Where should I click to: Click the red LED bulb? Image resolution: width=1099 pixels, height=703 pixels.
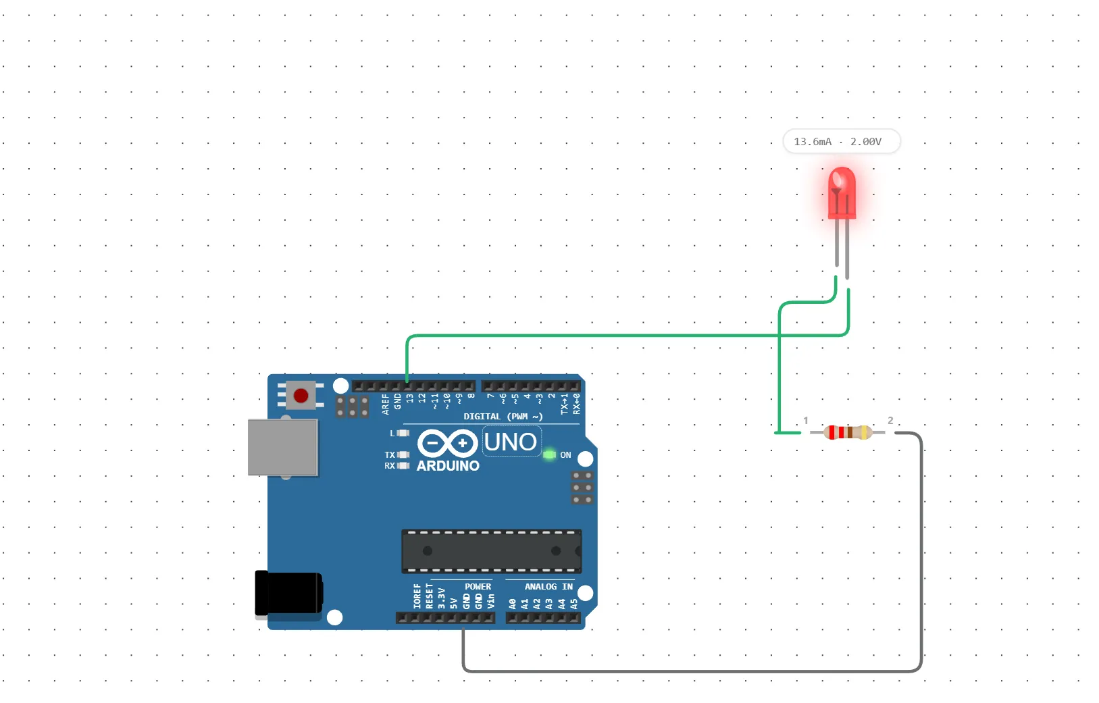point(842,192)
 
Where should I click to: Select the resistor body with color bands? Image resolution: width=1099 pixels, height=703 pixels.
point(848,432)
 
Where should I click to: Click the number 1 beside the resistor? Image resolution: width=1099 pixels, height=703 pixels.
point(806,420)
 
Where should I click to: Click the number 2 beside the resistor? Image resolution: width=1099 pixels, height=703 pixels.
point(890,420)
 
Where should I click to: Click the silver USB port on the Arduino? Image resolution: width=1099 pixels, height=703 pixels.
point(282,447)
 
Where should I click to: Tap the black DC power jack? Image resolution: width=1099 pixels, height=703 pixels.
point(288,594)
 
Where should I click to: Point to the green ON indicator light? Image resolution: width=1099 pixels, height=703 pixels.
point(549,454)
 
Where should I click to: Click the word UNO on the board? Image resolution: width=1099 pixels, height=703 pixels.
point(511,442)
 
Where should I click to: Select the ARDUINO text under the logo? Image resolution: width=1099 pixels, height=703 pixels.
point(448,466)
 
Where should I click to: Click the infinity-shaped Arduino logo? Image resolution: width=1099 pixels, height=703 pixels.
point(447,444)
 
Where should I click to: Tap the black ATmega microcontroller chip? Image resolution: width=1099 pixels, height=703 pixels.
point(491,550)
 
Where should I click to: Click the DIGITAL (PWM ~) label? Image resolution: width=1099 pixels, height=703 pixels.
point(503,417)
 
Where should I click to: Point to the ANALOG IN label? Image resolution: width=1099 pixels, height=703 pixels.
point(548,586)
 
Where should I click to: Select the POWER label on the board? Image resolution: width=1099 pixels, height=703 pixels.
point(478,586)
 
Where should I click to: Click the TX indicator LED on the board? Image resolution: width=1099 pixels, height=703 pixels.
point(403,454)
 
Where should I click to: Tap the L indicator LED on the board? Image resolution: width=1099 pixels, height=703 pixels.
point(403,433)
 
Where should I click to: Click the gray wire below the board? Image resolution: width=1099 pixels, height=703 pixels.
point(675,671)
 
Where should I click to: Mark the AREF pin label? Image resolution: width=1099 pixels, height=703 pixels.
point(385,404)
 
